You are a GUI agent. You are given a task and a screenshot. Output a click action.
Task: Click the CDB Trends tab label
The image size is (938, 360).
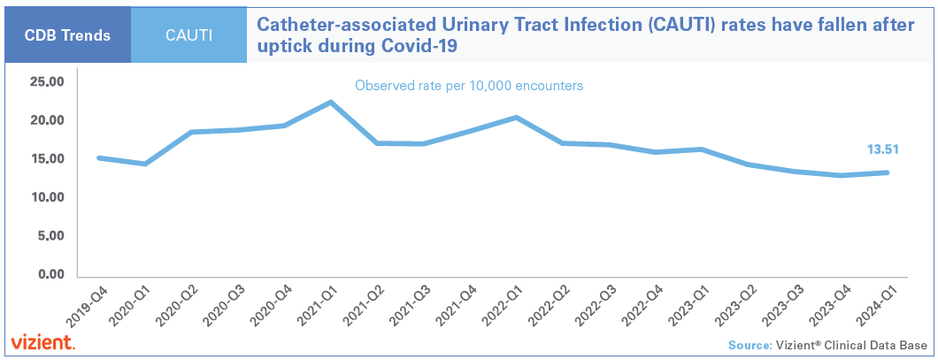[x=67, y=35]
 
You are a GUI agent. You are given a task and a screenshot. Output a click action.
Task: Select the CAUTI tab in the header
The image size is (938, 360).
[x=188, y=35]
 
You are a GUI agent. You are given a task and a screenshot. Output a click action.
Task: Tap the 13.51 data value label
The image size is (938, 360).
[x=880, y=149]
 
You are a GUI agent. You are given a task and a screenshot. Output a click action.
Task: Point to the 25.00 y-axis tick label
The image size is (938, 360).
[x=48, y=81]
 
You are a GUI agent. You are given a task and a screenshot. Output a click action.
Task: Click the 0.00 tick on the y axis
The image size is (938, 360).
[x=51, y=274]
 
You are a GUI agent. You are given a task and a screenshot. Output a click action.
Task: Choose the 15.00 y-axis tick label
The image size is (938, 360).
[x=48, y=159]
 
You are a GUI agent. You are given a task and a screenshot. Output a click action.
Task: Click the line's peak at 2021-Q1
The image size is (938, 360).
[x=330, y=102]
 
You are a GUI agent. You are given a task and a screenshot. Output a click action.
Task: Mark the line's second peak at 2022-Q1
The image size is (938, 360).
[x=516, y=118]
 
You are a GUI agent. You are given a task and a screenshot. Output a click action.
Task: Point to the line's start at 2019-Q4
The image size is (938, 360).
[x=98, y=157]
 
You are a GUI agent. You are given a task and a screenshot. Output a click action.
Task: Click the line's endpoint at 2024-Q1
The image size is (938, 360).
[x=887, y=172]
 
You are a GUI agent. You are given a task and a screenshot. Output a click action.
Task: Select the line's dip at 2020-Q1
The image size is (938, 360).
[x=144, y=164]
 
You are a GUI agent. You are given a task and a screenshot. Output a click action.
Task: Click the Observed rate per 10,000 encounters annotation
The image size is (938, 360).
[x=469, y=86]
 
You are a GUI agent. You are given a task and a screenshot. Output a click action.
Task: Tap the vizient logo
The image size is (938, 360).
[x=42, y=342]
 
